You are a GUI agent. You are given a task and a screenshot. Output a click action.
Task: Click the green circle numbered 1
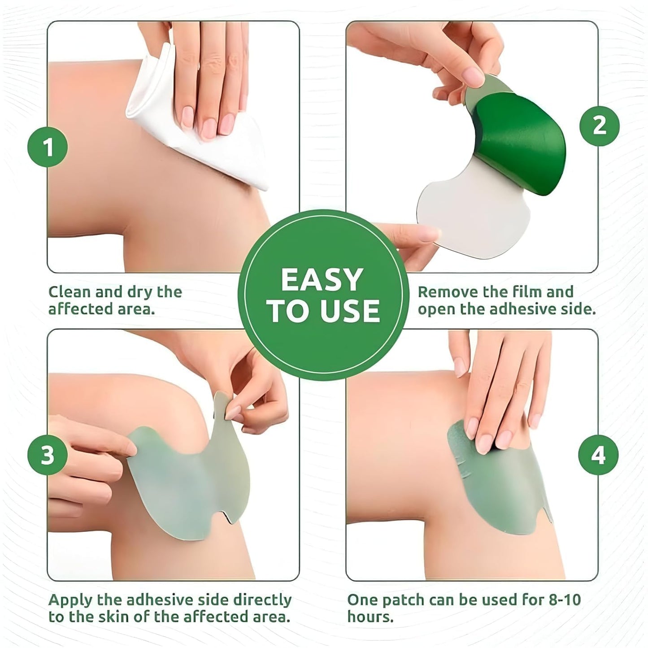coord(48,147)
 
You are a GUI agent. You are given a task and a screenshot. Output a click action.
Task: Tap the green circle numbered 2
coord(599,126)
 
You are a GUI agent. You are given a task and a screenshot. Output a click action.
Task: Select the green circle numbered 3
coord(48,455)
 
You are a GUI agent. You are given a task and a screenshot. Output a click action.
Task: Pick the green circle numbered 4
coord(598,455)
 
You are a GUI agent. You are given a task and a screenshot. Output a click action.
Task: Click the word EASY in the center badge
coord(322,280)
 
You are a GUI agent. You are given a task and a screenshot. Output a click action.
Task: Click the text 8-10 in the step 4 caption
coord(563,600)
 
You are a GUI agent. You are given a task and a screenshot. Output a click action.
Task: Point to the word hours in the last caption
coord(370,617)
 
